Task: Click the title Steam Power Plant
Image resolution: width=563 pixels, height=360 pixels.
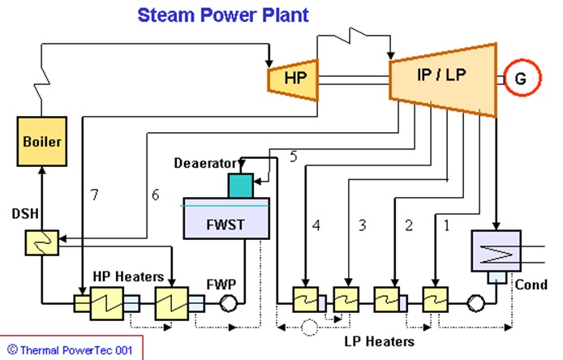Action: coord(222,15)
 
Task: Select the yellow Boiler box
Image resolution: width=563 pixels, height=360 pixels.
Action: coord(41,141)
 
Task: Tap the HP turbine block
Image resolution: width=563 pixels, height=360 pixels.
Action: coord(292,78)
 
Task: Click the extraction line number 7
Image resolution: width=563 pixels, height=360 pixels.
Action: coord(95,195)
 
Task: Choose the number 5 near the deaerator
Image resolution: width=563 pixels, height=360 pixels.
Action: coord(293,156)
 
